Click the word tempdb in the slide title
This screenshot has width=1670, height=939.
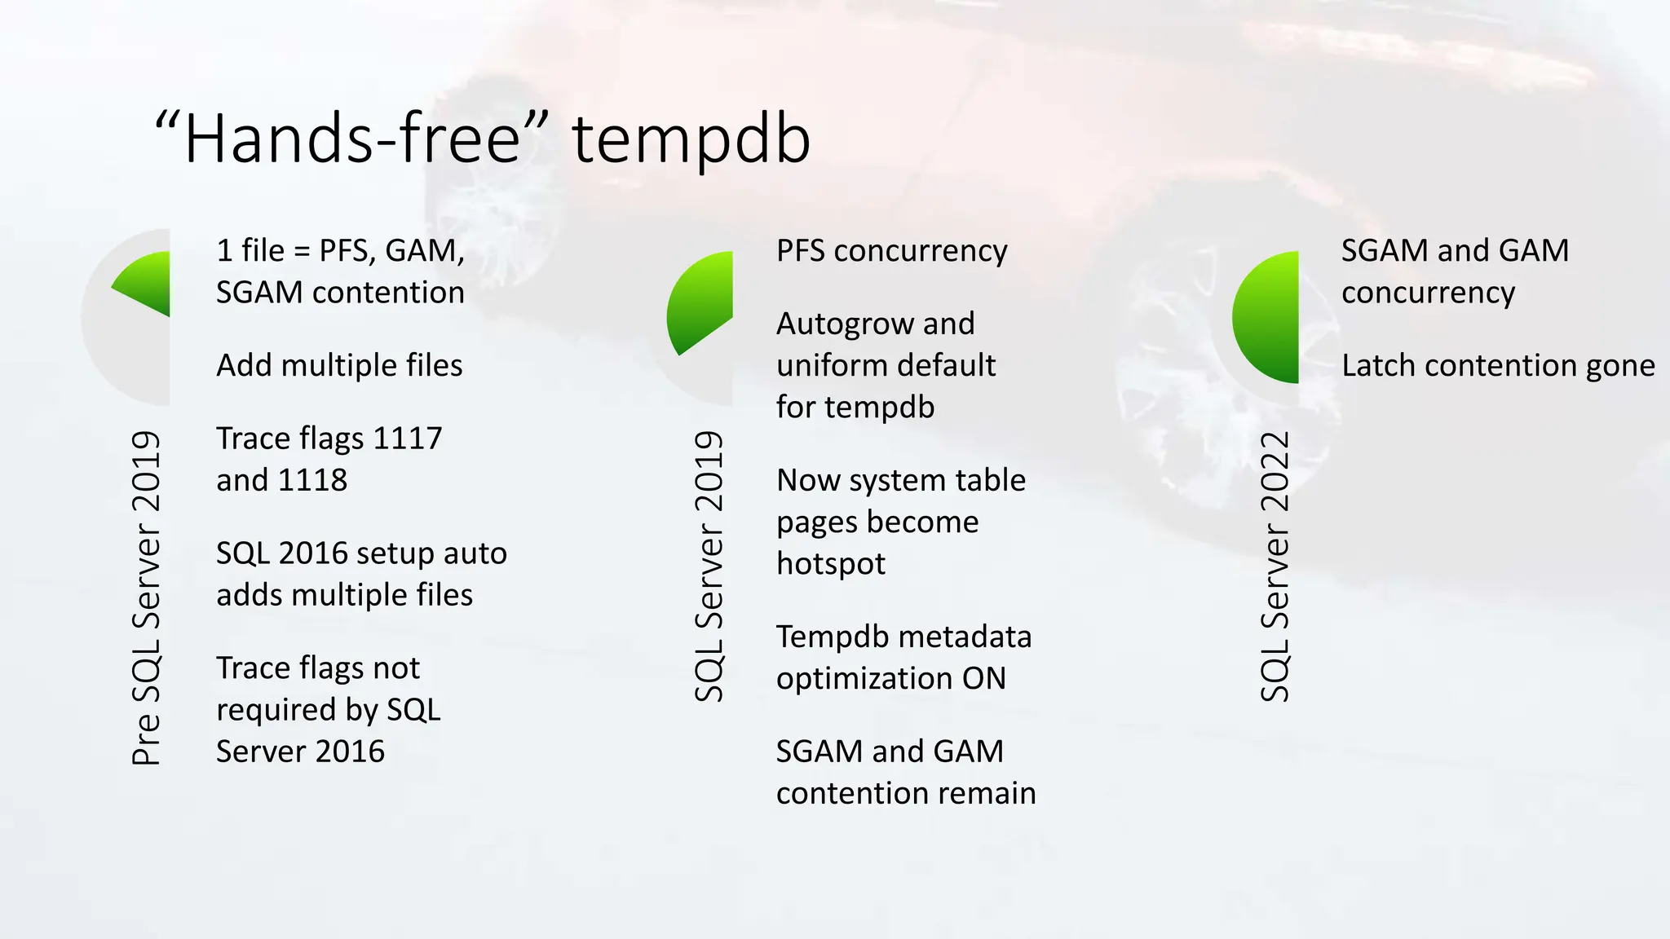click(691, 140)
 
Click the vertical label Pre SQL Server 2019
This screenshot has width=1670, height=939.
click(146, 598)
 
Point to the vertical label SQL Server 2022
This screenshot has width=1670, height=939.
click(1275, 566)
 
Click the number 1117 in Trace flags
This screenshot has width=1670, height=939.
click(407, 439)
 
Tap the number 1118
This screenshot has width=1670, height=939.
click(312, 480)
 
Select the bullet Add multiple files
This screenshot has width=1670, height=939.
click(339, 365)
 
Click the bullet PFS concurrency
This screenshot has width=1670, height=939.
click(891, 250)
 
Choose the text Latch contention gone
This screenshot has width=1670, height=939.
click(1498, 365)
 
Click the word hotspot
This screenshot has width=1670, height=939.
click(830, 563)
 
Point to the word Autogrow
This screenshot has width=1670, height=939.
click(839, 324)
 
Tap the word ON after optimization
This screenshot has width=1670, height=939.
click(983, 678)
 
